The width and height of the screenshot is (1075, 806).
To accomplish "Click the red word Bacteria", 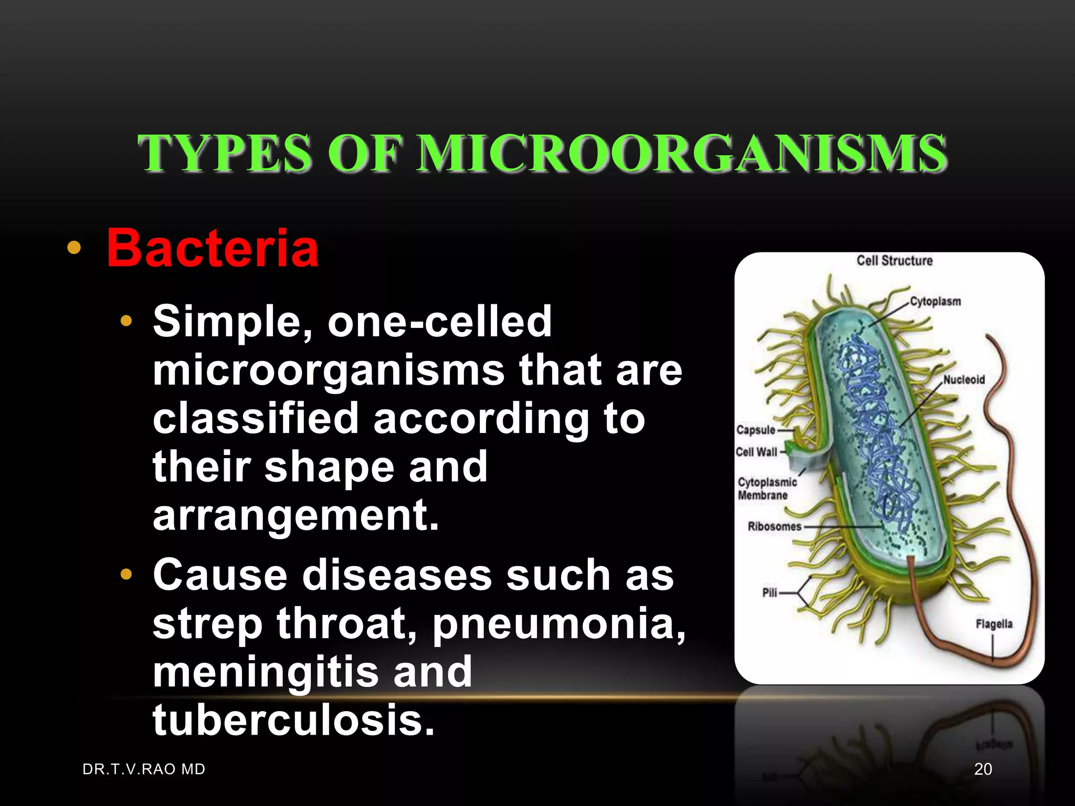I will (x=213, y=248).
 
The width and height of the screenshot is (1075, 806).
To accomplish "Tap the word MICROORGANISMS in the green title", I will (x=682, y=153).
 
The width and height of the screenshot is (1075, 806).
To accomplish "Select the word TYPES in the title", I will (x=224, y=153).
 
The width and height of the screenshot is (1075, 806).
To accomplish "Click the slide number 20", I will (x=983, y=769).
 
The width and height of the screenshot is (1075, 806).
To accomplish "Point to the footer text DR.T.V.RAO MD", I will (x=144, y=769).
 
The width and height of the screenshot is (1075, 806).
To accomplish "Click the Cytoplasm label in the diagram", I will (x=935, y=302).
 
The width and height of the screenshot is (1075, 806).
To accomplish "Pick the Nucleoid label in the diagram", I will (x=964, y=379).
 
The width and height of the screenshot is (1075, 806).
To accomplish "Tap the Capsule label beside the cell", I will (x=755, y=430).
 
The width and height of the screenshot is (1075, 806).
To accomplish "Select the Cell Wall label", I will (x=756, y=452).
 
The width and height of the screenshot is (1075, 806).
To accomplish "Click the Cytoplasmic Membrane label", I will (x=766, y=489).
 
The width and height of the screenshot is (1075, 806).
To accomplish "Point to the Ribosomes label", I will (x=774, y=526).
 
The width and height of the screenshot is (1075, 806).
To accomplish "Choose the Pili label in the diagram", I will (x=770, y=593).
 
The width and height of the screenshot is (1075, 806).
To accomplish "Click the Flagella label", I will (x=994, y=624).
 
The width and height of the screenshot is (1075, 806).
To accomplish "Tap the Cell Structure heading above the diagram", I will (x=894, y=261).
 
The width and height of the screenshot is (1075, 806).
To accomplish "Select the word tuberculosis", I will (x=293, y=720).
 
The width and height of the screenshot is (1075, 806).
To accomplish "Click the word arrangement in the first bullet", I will (x=296, y=516).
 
